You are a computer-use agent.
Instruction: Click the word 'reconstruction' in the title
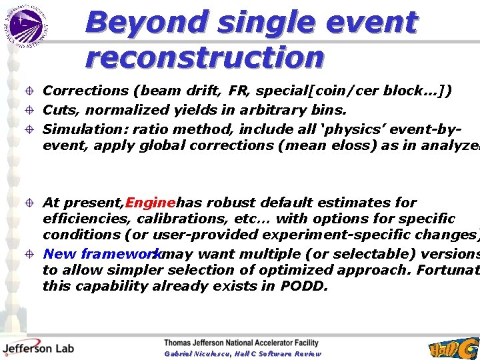point(204,58)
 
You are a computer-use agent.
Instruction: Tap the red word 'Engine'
point(151,203)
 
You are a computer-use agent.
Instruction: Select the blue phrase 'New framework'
point(101,254)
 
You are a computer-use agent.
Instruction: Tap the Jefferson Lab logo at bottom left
point(38,347)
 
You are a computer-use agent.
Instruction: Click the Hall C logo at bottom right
point(453,348)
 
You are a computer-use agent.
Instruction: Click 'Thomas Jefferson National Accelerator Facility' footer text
point(241,343)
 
